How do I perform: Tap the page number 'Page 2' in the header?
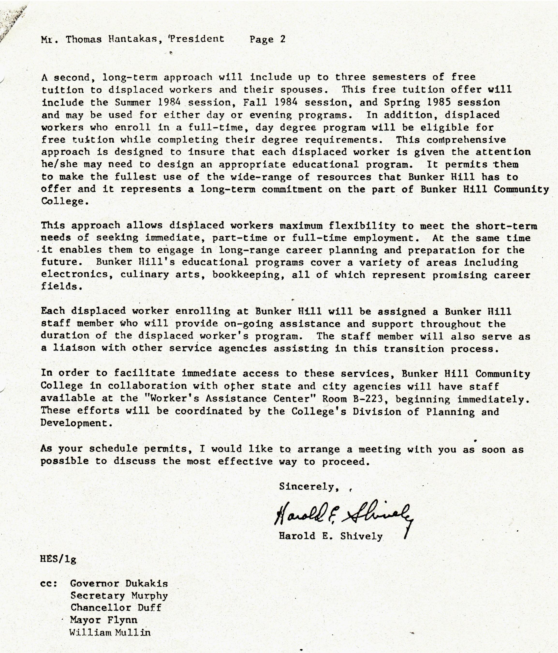pyautogui.click(x=267, y=39)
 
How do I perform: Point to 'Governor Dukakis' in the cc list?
pyautogui.click(x=119, y=583)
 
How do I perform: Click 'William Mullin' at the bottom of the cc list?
pyautogui.click(x=110, y=632)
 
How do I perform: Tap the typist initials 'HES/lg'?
pyautogui.click(x=58, y=559)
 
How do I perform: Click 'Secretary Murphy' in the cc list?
pyautogui.click(x=119, y=596)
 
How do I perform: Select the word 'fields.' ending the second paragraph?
pyautogui.click(x=59, y=287)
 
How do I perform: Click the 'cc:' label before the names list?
pyautogui.click(x=49, y=583)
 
